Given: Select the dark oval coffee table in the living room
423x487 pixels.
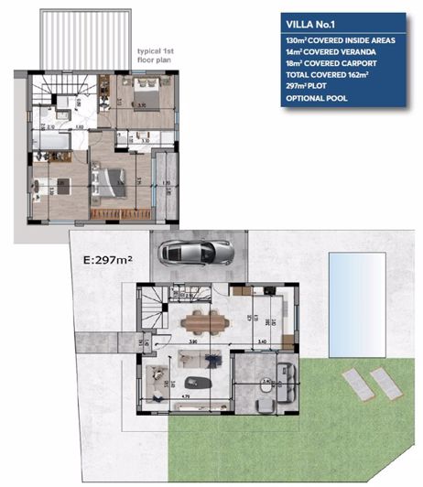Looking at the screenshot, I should (197, 383).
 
